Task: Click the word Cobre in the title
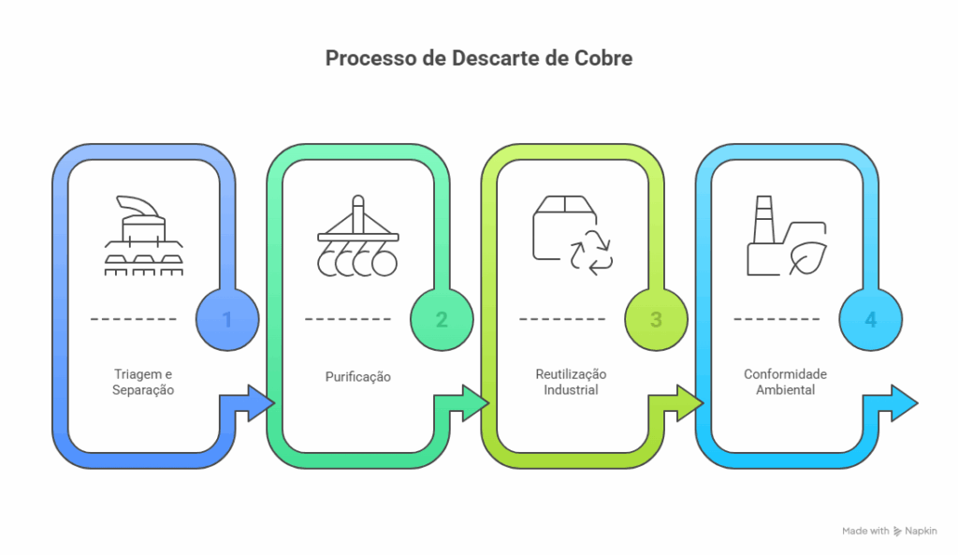(x=603, y=58)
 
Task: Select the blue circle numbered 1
(x=227, y=319)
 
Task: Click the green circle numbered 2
(x=442, y=319)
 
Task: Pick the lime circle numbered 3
(x=656, y=319)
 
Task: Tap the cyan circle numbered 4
(x=871, y=319)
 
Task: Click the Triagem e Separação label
(x=143, y=382)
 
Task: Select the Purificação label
(x=358, y=376)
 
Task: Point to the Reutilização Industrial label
(x=572, y=382)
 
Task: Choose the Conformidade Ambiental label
(x=785, y=382)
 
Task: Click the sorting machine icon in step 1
(x=144, y=236)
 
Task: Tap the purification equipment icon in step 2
(x=358, y=236)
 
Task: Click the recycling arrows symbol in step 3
(x=591, y=253)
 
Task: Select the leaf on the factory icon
(x=807, y=258)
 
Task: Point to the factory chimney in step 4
(x=763, y=220)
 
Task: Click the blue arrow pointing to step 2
(x=247, y=403)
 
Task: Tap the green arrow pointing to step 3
(x=461, y=403)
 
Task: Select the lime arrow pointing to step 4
(x=675, y=403)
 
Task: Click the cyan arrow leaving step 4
(x=891, y=403)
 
